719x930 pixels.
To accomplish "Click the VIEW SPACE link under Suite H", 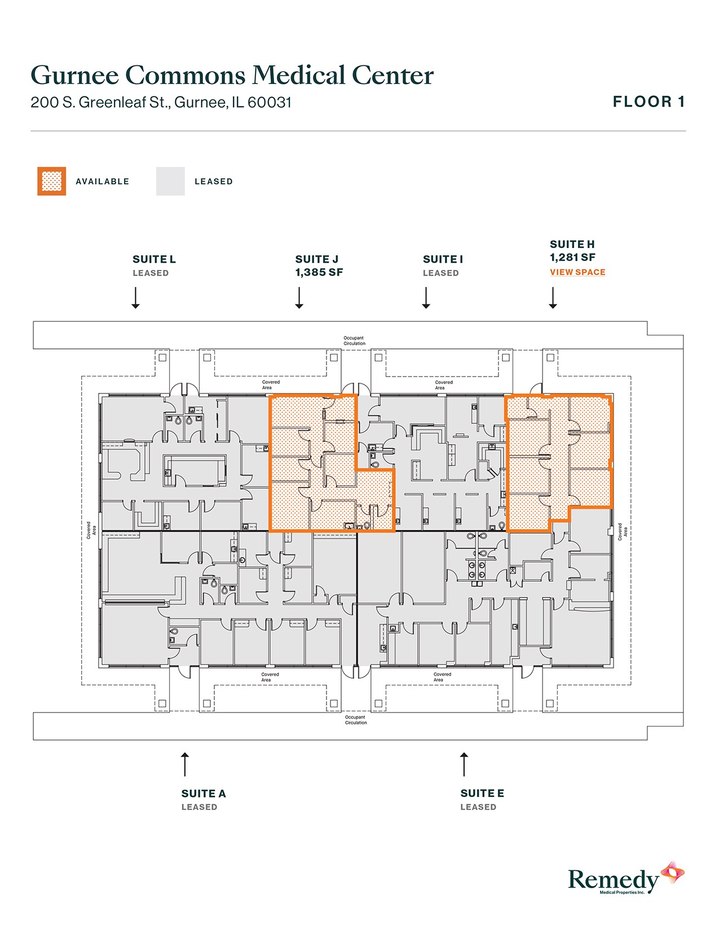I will [x=577, y=272].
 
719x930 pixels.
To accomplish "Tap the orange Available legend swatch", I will [x=52, y=181].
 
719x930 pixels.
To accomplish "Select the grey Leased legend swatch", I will [x=170, y=181].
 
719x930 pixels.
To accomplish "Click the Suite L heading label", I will [x=154, y=259].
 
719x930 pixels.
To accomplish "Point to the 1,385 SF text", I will [x=319, y=273].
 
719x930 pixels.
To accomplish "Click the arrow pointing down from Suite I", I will [x=426, y=298].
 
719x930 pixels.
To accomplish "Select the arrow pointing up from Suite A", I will [x=184, y=764].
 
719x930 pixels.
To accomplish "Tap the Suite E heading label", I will [x=482, y=794].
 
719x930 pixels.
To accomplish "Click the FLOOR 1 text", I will [x=649, y=102].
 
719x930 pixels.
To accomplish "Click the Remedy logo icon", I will [x=673, y=873].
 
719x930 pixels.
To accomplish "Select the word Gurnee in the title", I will [x=74, y=76].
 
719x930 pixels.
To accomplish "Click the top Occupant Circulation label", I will [x=354, y=340].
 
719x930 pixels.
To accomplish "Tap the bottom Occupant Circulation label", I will [x=356, y=720].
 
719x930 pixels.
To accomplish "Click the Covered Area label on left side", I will [x=91, y=530].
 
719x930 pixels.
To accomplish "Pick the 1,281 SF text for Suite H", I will [x=572, y=258].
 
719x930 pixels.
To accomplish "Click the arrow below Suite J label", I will [x=299, y=298].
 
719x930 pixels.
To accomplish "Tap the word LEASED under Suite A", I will [x=199, y=807].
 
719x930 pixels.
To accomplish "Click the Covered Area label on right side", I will [x=622, y=532].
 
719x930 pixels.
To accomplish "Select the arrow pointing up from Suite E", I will [x=464, y=764].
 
